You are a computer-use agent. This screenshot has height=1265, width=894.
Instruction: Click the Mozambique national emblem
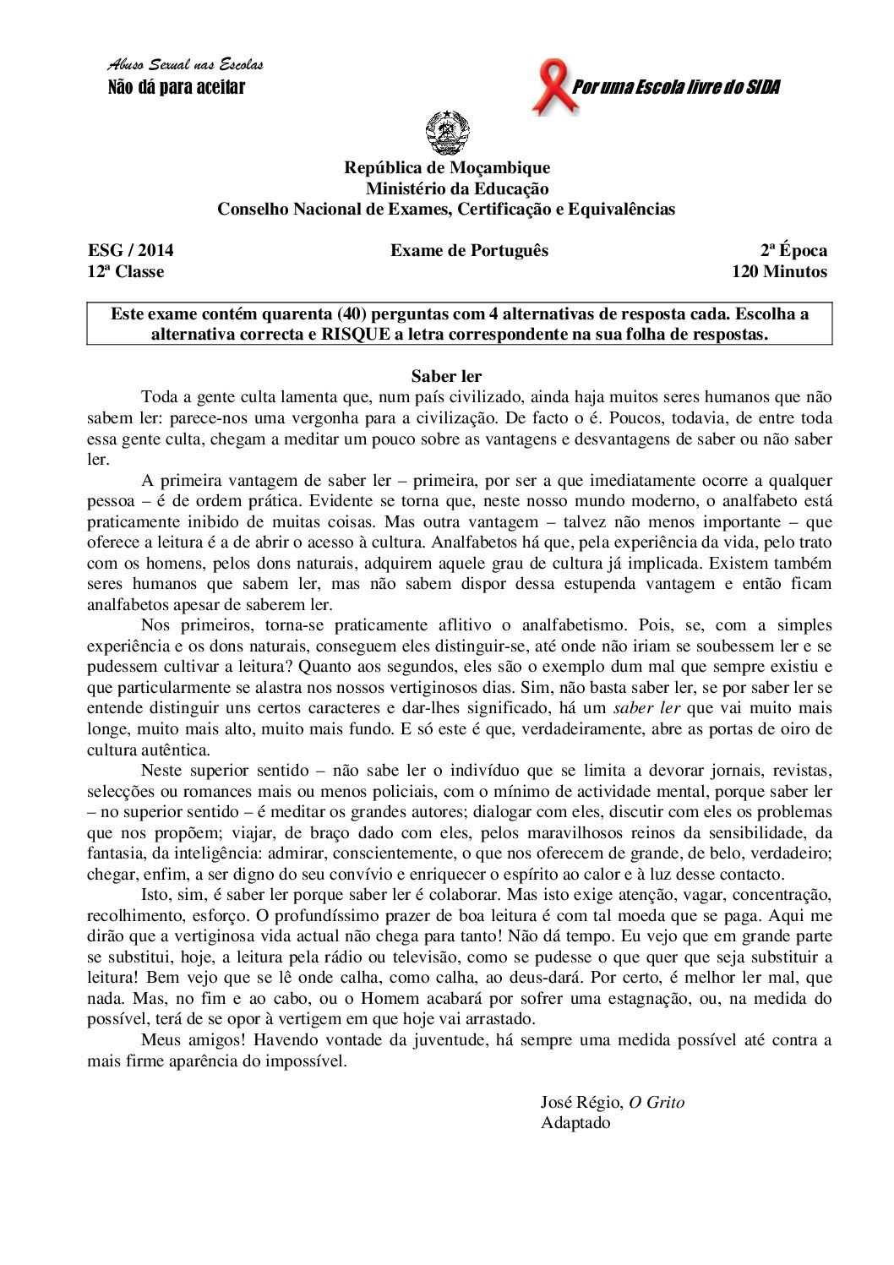(447, 134)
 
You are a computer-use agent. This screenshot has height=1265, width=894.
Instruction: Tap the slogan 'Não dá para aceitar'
(177, 87)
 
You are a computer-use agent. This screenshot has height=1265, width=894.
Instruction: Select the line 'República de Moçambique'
(447, 168)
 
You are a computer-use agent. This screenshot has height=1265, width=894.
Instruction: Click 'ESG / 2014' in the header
(131, 250)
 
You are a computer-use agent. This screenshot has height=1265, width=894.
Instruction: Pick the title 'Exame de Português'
(469, 250)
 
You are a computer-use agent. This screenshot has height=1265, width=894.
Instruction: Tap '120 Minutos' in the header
(779, 271)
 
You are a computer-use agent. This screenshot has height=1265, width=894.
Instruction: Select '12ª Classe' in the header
(126, 271)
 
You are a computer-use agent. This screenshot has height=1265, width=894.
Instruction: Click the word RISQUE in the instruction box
(353, 334)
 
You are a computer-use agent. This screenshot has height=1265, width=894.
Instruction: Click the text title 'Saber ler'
(446, 376)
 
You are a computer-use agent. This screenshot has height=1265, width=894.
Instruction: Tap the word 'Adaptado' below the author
(575, 1123)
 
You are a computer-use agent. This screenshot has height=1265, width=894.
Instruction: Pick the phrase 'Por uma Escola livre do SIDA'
(676, 87)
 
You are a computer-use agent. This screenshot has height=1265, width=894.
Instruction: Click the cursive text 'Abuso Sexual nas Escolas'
(185, 65)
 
